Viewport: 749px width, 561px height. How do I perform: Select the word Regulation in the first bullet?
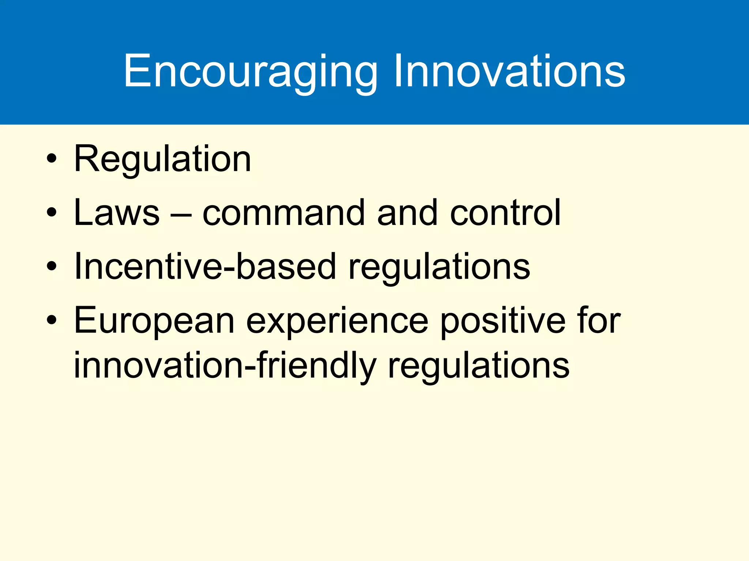(162, 159)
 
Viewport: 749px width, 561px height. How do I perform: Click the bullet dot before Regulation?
(52, 159)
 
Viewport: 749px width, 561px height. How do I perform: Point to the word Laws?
(116, 213)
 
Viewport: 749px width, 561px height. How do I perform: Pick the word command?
(283, 213)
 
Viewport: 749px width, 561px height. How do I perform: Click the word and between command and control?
(407, 213)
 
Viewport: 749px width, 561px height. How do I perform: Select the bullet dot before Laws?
(52, 213)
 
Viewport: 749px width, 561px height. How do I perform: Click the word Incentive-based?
(204, 266)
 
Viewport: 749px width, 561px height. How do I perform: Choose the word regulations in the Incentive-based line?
(439, 268)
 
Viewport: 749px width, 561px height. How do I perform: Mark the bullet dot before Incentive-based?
(52, 266)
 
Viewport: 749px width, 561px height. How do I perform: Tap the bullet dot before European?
(52, 320)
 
